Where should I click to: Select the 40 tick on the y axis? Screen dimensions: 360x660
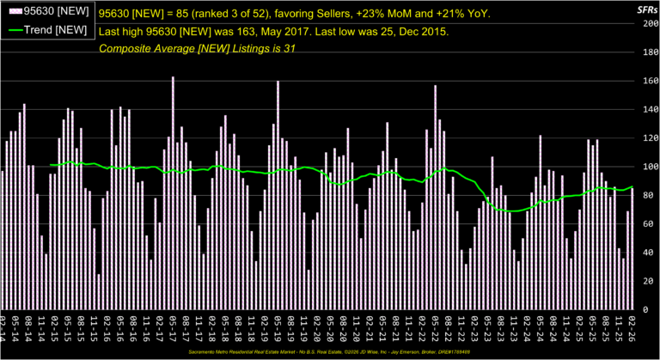651,253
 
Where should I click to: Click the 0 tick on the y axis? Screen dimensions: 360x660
654,309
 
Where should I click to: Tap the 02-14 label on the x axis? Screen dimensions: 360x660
3,326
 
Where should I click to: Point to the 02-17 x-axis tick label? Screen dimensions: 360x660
160,326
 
